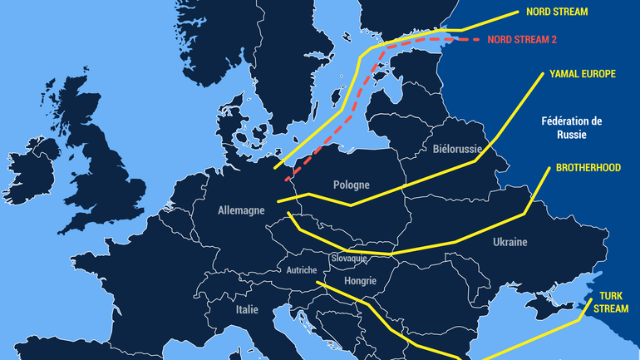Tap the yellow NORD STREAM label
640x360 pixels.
pyautogui.click(x=557, y=12)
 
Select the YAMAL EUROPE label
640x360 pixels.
pyautogui.click(x=583, y=74)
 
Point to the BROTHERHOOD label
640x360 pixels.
pyautogui.click(x=588, y=168)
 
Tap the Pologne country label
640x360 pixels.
pyautogui.click(x=351, y=185)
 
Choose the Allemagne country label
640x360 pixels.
pyautogui.click(x=240, y=211)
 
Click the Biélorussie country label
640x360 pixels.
pyautogui.click(x=457, y=149)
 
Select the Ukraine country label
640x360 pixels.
pyautogui.click(x=510, y=242)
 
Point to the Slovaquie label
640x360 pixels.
pyautogui.click(x=349, y=259)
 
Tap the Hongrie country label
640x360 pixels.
pyautogui.click(x=360, y=281)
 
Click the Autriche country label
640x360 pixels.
pyautogui.click(x=301, y=270)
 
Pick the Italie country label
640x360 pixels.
pyautogui.click(x=245, y=309)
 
